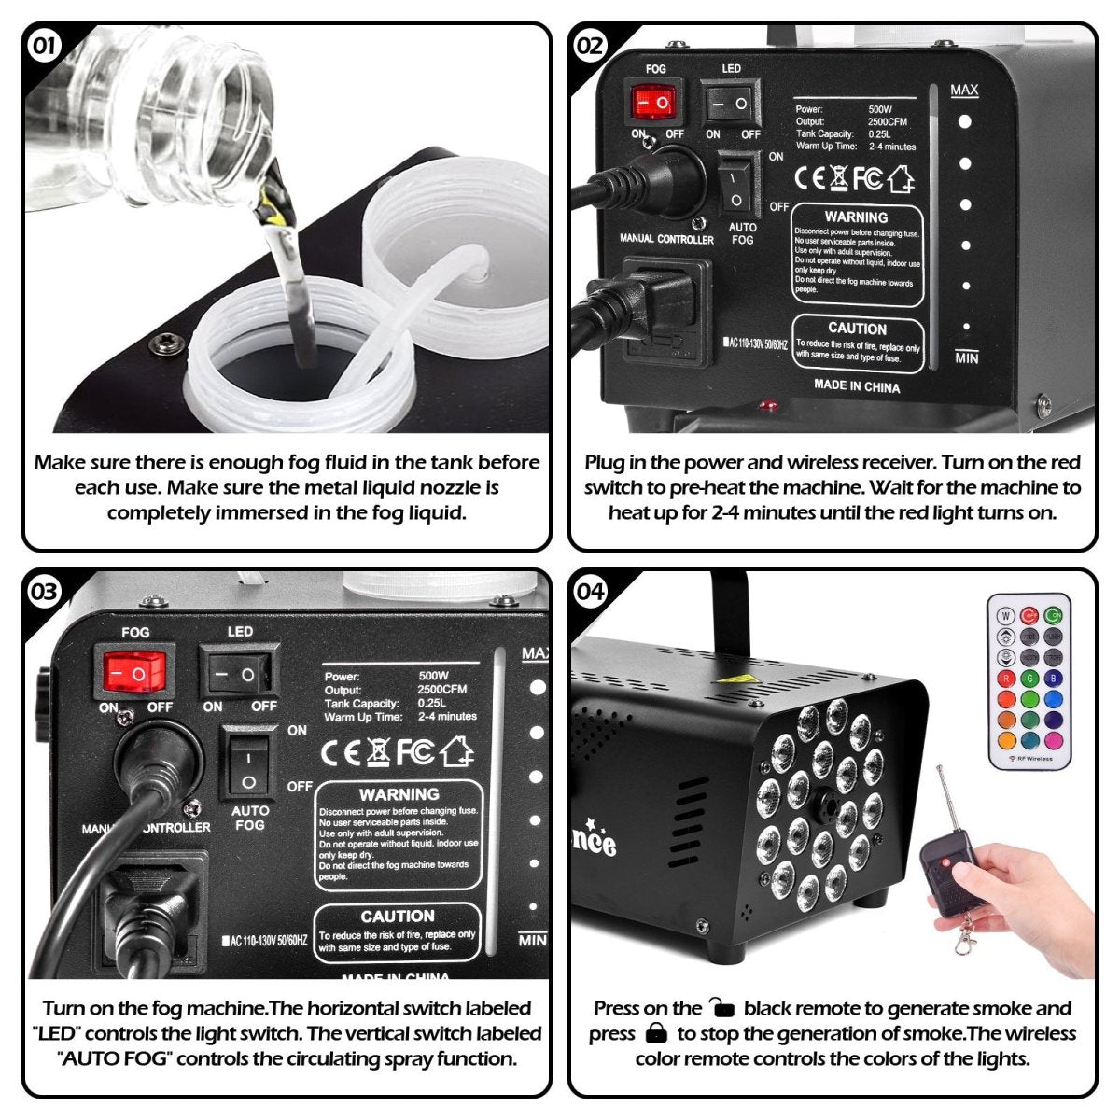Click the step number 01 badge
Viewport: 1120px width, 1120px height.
point(44,45)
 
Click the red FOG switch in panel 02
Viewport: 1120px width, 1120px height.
point(653,102)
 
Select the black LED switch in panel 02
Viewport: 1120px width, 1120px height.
point(730,103)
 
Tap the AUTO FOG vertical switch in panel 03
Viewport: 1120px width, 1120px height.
point(247,765)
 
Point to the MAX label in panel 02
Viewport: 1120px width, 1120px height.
point(964,91)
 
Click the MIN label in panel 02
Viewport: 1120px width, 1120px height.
point(966,358)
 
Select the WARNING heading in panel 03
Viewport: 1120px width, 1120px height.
point(399,795)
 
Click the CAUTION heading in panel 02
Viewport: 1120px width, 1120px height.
point(857,329)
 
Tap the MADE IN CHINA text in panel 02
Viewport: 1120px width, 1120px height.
point(856,385)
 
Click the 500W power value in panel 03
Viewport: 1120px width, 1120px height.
point(433,676)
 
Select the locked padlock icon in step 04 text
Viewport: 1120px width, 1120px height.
point(657,1033)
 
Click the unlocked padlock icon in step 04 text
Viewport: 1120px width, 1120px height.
point(721,1008)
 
